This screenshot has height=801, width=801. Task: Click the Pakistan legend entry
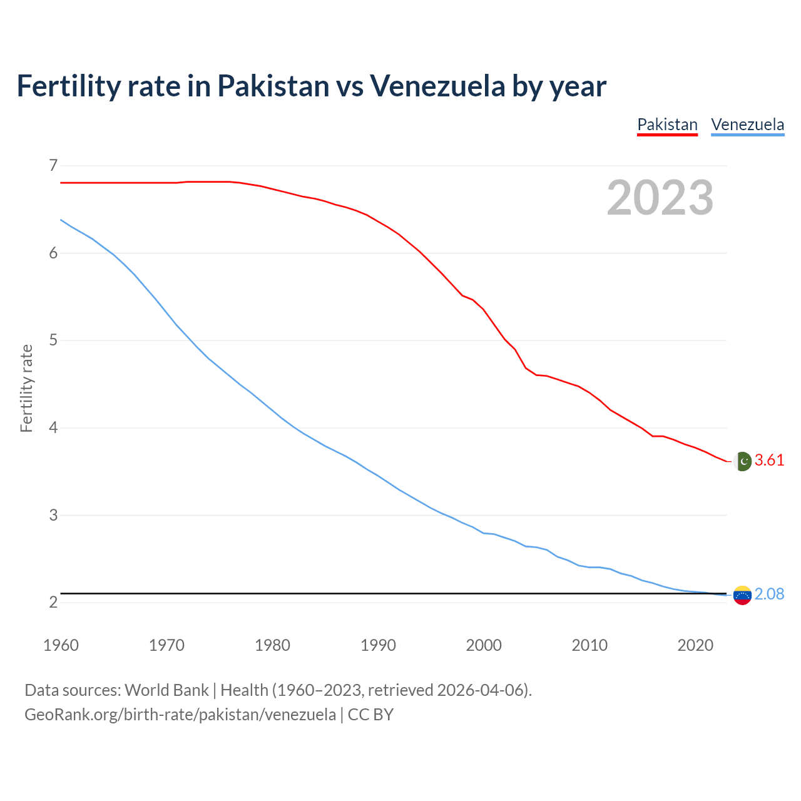point(667,125)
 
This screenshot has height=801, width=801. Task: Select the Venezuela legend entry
point(747,125)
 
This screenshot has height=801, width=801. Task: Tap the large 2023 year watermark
point(660,198)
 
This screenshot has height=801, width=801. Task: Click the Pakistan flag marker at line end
point(742,461)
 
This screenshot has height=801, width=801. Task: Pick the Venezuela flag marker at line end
point(742,595)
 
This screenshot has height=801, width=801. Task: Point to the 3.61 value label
point(769,461)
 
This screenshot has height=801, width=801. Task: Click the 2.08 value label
point(769,594)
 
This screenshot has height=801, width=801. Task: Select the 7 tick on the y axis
point(53,166)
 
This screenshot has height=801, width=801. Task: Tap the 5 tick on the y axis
point(53,340)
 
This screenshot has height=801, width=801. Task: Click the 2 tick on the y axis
point(53,603)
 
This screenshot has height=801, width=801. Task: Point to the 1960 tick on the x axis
point(61,645)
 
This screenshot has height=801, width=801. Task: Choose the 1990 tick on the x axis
point(378,645)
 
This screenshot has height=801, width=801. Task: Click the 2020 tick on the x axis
point(695,645)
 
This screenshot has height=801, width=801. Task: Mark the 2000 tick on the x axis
point(484,645)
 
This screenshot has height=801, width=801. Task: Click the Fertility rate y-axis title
point(26,388)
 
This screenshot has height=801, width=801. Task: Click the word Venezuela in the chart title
point(437,86)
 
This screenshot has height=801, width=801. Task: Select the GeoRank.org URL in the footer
point(180,715)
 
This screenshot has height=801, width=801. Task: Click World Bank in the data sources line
point(166,690)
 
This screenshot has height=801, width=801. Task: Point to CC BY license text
point(370,715)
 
